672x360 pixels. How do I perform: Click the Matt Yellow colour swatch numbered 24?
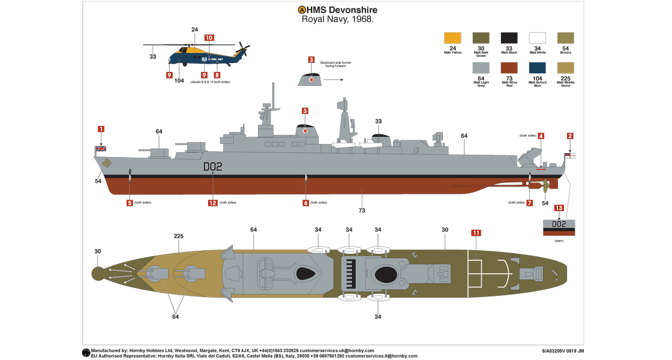click(x=453, y=37)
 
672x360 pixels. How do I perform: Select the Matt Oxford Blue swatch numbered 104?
click(x=537, y=67)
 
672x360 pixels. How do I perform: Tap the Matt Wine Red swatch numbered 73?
click(x=509, y=67)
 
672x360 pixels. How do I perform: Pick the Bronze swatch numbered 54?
click(x=566, y=37)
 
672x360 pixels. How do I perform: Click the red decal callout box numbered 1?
click(x=101, y=128)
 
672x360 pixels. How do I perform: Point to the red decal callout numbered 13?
click(x=559, y=208)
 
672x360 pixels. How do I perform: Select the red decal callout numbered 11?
click(x=476, y=232)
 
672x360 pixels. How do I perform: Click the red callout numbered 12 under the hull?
click(x=212, y=203)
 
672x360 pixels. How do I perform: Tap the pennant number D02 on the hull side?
click(x=212, y=167)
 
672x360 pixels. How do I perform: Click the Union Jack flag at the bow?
click(x=100, y=148)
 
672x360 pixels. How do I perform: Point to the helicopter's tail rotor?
click(x=243, y=49)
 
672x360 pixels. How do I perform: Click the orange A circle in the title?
click(x=302, y=10)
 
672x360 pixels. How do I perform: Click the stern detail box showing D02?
click(x=559, y=227)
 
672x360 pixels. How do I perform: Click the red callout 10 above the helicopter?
click(x=209, y=37)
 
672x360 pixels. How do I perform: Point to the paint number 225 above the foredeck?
click(x=178, y=236)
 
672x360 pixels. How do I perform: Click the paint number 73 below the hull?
click(x=362, y=211)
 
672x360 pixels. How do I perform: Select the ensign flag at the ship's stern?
click(x=570, y=155)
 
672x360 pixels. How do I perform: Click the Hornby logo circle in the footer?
click(x=86, y=353)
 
